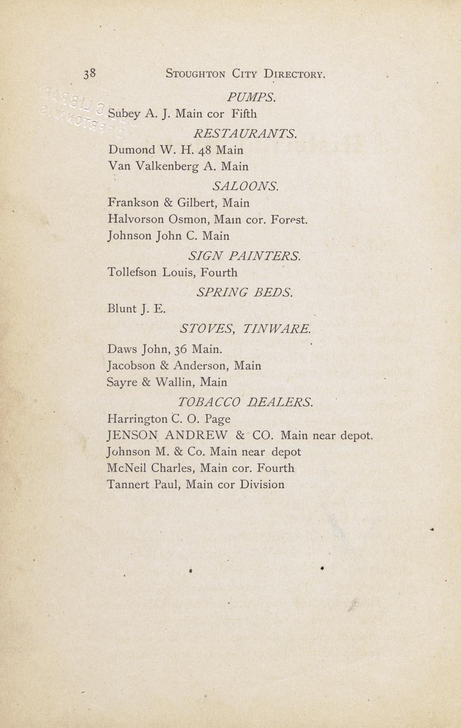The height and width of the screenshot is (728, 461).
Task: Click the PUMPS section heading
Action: click(252, 98)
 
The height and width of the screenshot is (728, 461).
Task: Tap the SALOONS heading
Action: click(245, 186)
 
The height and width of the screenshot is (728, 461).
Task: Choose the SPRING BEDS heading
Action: click(245, 292)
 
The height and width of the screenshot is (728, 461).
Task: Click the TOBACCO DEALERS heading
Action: click(245, 402)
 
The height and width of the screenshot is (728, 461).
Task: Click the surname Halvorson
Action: click(136, 219)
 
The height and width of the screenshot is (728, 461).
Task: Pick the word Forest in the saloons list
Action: click(289, 219)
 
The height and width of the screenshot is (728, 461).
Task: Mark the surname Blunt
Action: click(122, 309)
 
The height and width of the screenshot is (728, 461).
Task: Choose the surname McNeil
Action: click(127, 468)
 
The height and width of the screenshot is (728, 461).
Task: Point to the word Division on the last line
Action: click(262, 484)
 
